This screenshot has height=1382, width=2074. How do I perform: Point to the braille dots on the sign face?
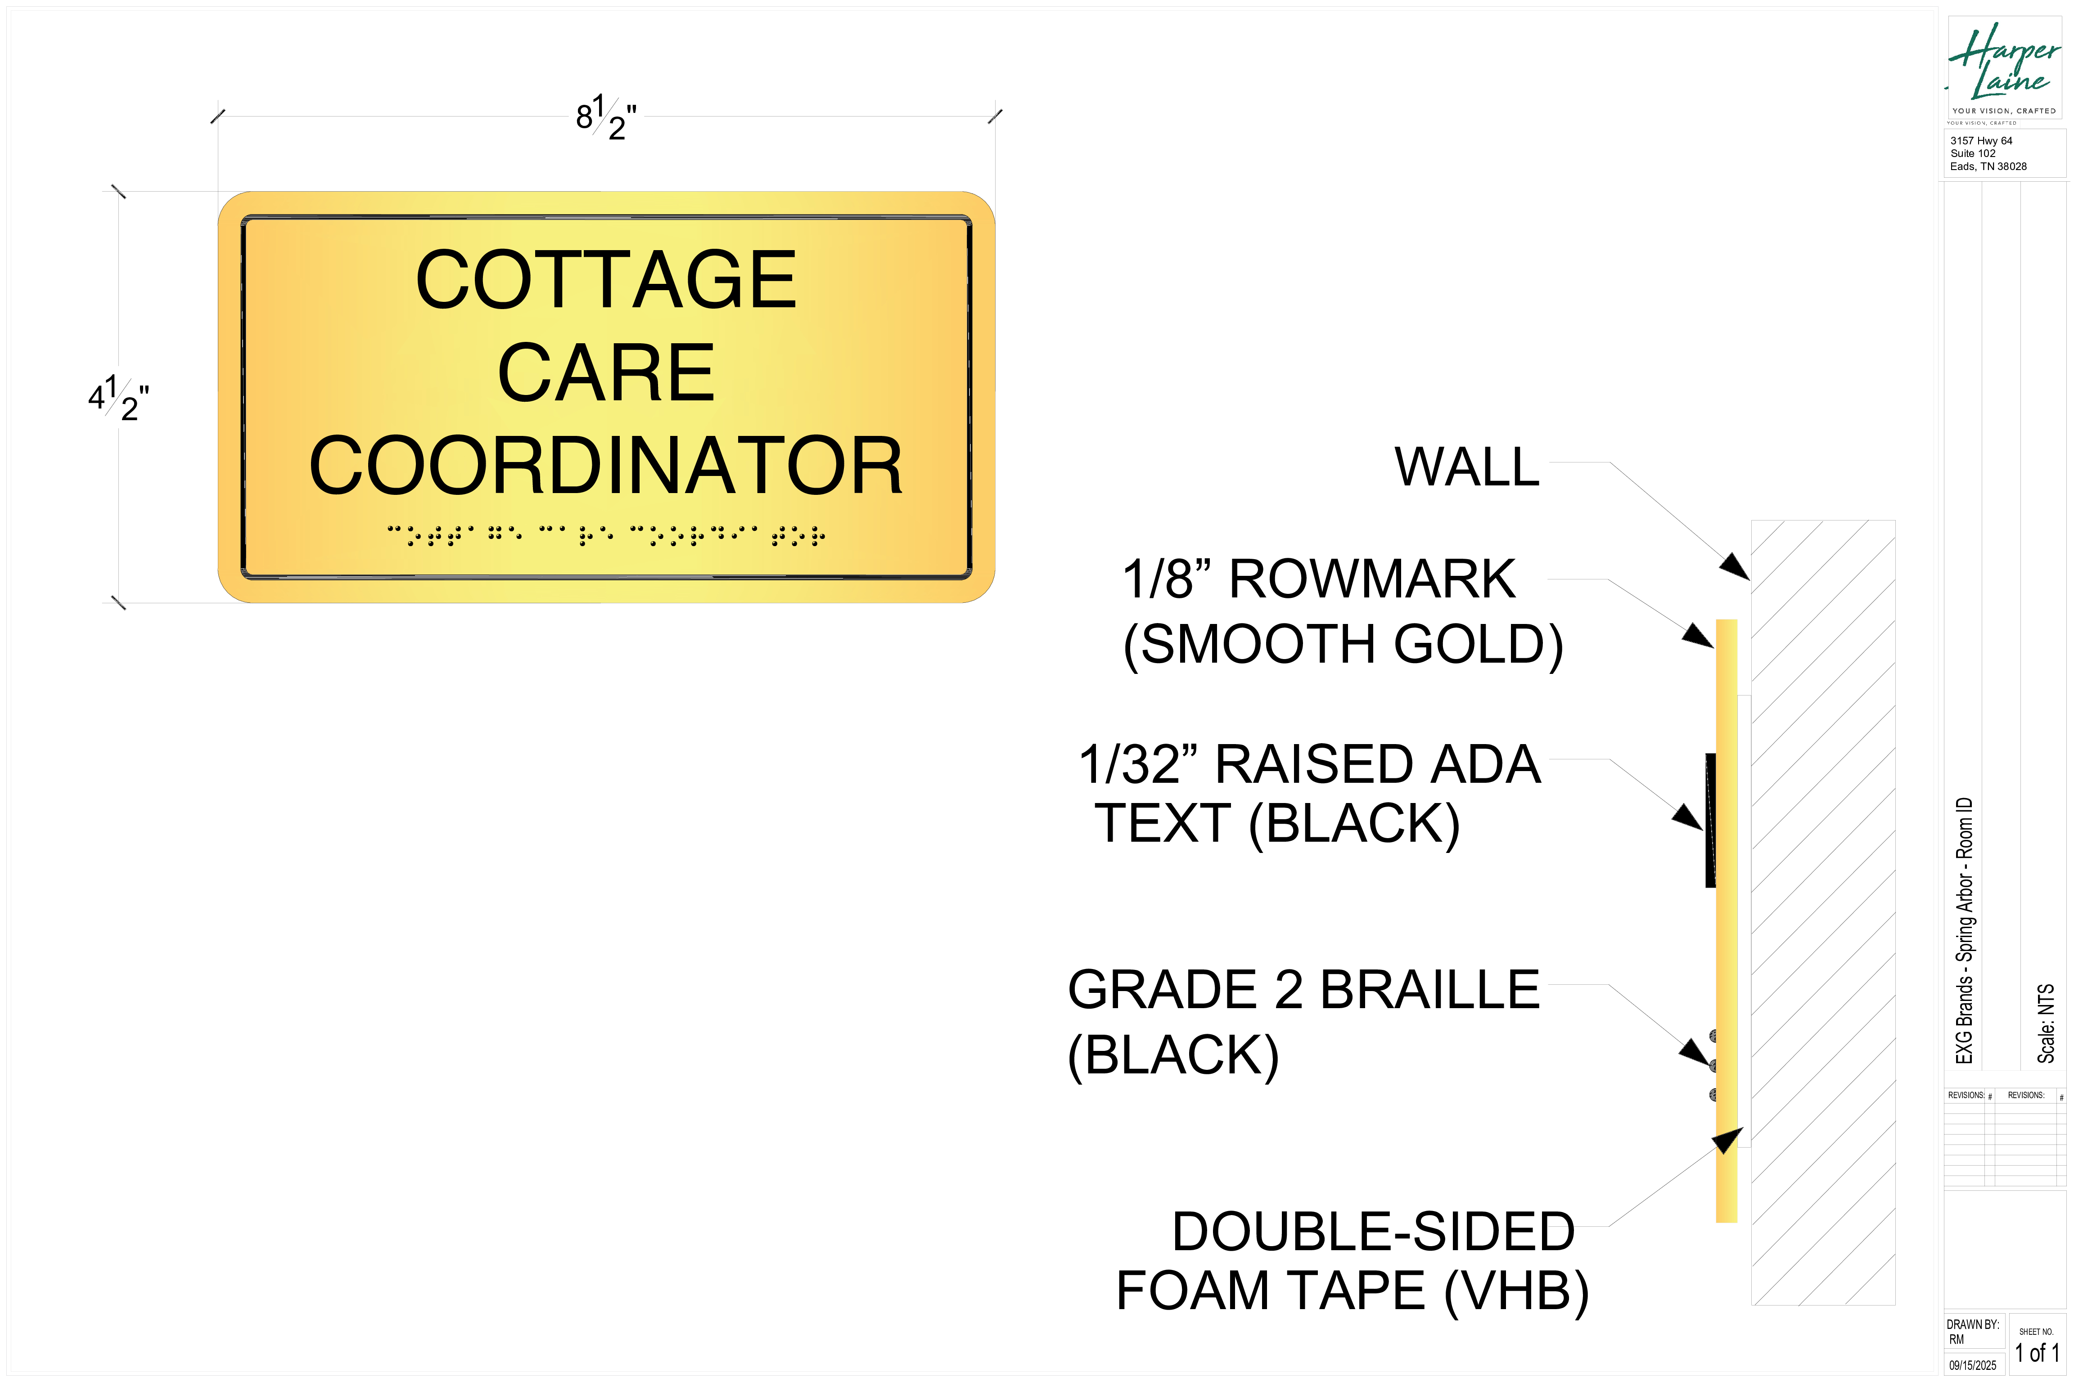[x=606, y=535]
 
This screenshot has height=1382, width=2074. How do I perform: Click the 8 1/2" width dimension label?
[x=606, y=117]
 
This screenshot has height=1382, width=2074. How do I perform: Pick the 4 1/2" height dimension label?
[x=118, y=399]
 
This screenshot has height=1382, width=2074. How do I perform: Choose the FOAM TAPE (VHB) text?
[x=1352, y=1291]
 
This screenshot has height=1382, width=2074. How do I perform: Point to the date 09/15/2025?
[x=1973, y=1365]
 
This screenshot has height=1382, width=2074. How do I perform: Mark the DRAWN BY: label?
[x=1973, y=1325]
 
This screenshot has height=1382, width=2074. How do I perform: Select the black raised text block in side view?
[x=1711, y=820]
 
